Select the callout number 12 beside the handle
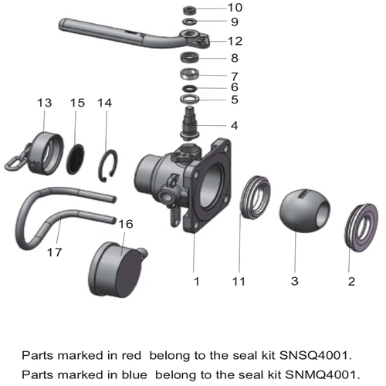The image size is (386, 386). click(x=235, y=40)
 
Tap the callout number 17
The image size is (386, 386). click(x=53, y=252)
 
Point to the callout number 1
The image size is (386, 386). click(x=196, y=283)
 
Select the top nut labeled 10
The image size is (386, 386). click(x=189, y=8)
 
